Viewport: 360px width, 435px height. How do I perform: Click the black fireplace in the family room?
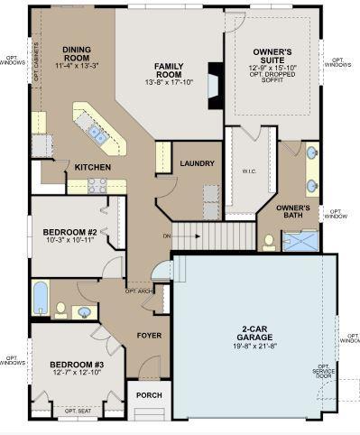pyautogui.click(x=215, y=86)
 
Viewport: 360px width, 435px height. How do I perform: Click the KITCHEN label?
pyautogui.click(x=92, y=167)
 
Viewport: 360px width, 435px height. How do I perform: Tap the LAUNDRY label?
pyautogui.click(x=197, y=164)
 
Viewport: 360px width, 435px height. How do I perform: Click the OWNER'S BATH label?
pyautogui.click(x=293, y=211)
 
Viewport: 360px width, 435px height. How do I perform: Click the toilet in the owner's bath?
pyautogui.click(x=269, y=242)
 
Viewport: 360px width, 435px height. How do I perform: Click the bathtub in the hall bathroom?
pyautogui.click(x=41, y=298)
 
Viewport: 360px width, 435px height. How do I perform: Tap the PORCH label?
pyautogui.click(x=148, y=395)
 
